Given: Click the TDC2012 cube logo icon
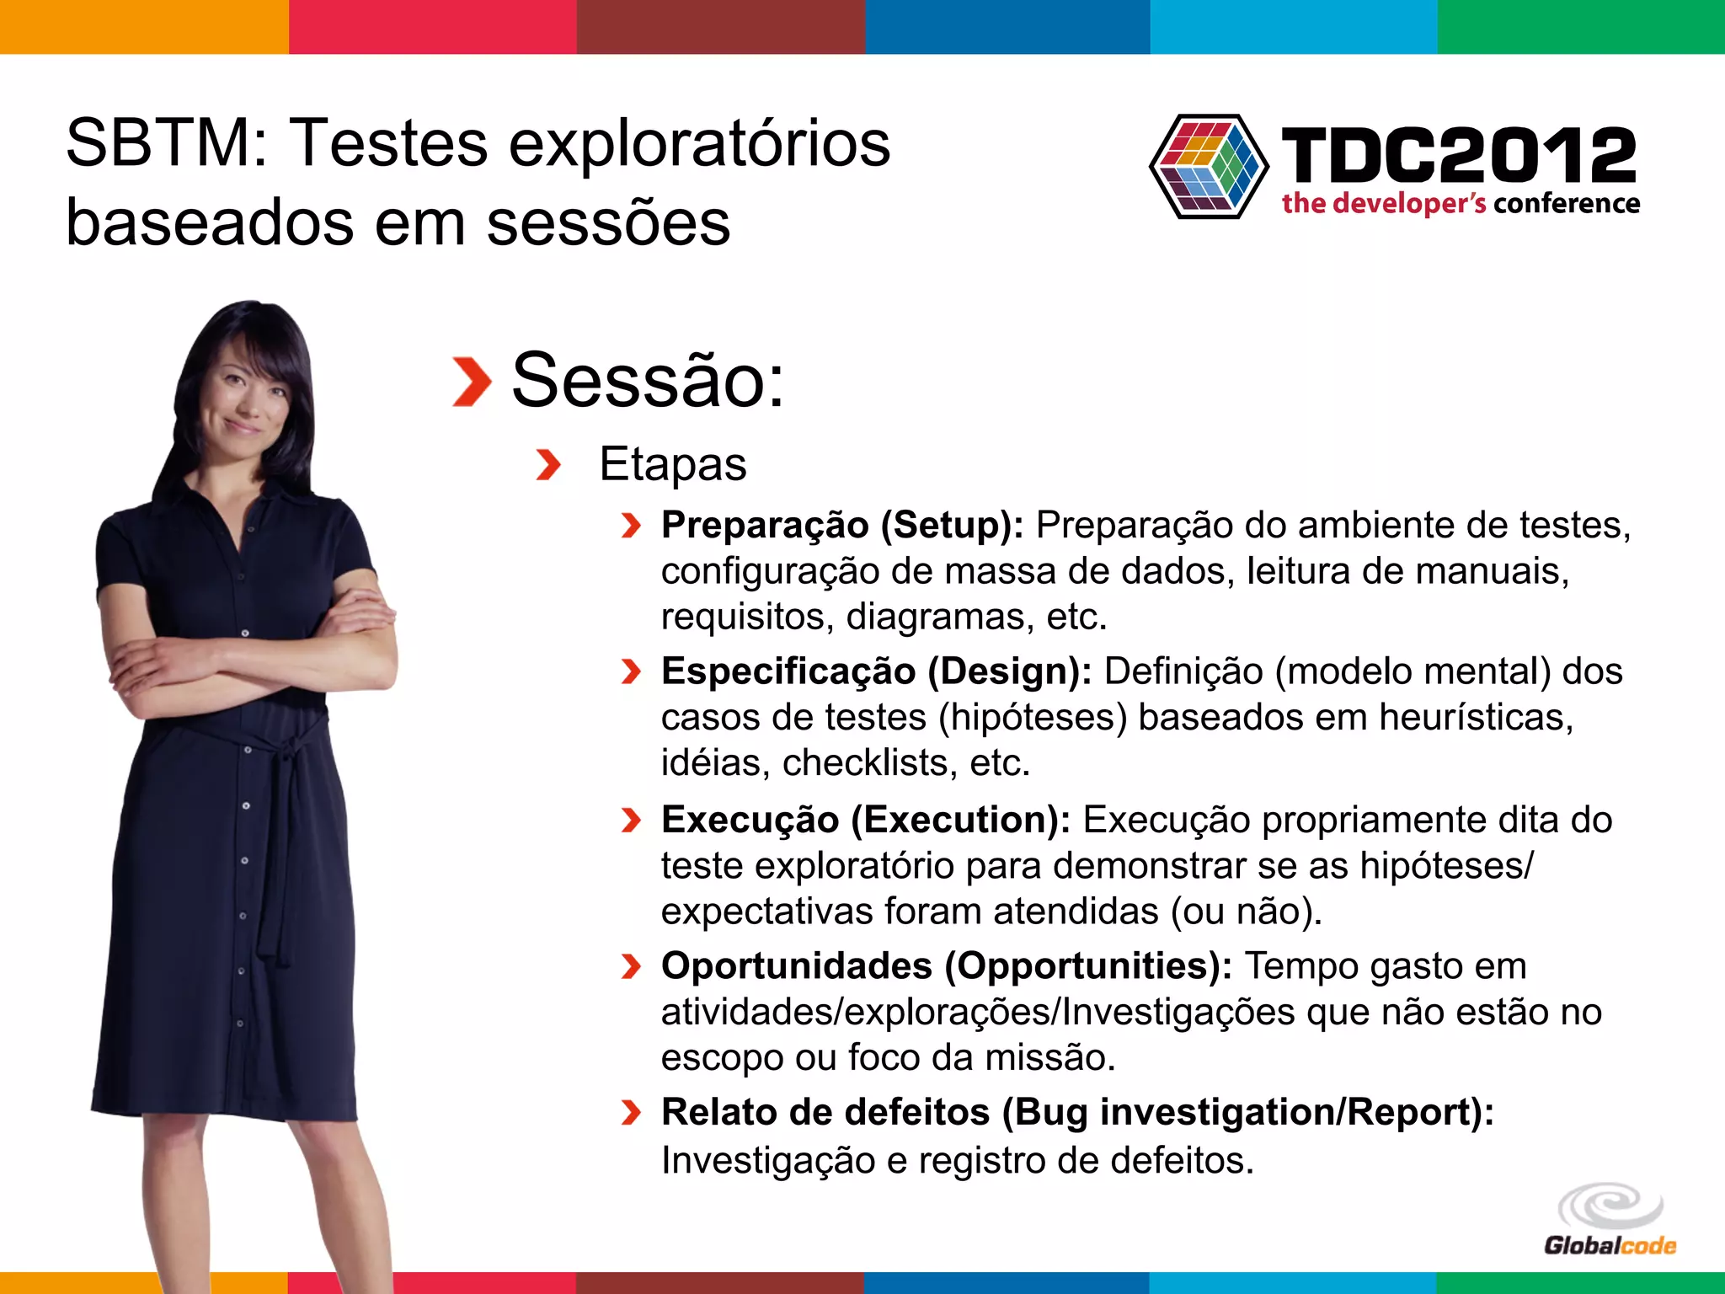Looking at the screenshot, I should (1209, 167).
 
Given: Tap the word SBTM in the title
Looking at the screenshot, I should (158, 143).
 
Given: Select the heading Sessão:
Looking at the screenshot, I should (648, 381).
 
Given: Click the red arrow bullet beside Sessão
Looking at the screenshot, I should (472, 382).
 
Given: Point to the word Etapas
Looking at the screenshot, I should (672, 464).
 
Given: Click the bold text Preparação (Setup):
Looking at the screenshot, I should (842, 526).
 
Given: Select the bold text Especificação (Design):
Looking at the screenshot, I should (876, 671).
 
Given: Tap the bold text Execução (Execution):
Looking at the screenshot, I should (865, 820).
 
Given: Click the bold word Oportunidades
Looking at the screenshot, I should (796, 966).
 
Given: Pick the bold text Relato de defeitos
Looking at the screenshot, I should (825, 1112).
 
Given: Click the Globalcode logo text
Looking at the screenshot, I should (1610, 1245).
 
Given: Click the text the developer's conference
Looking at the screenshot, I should (1461, 204).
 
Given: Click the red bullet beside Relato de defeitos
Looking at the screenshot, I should (631, 1113).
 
